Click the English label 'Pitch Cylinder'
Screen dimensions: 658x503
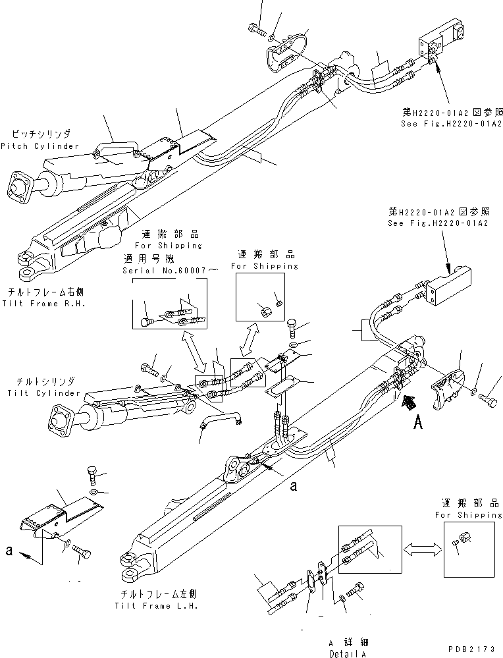coord(40,146)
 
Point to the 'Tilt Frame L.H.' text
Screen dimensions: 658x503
coord(155,605)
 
